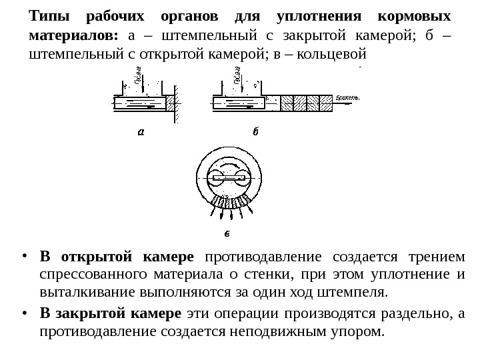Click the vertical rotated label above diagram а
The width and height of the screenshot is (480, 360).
(x=138, y=79)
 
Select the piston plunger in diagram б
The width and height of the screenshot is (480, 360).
(x=238, y=103)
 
